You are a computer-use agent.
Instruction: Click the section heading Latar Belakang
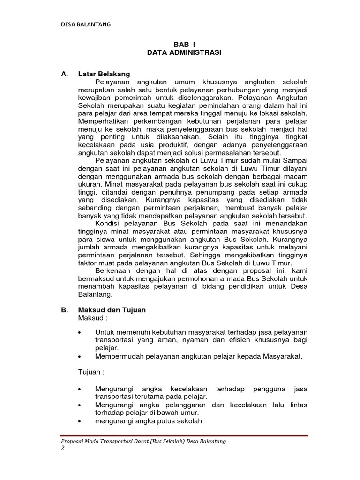coord(104,75)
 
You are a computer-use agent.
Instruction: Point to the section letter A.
coord(64,75)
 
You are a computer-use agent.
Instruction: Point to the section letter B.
coord(64,310)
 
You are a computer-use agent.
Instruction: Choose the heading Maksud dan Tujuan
coord(112,310)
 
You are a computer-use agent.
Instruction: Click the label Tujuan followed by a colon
coord(91,372)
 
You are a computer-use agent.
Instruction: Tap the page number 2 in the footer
coord(63,449)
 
